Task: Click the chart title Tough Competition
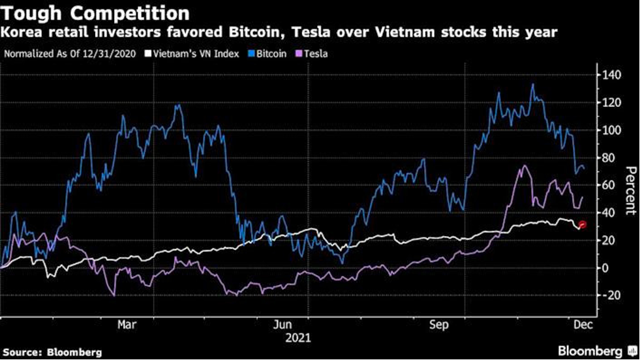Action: [97, 13]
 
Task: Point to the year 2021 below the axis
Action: [298, 338]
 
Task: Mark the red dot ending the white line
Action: [583, 225]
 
